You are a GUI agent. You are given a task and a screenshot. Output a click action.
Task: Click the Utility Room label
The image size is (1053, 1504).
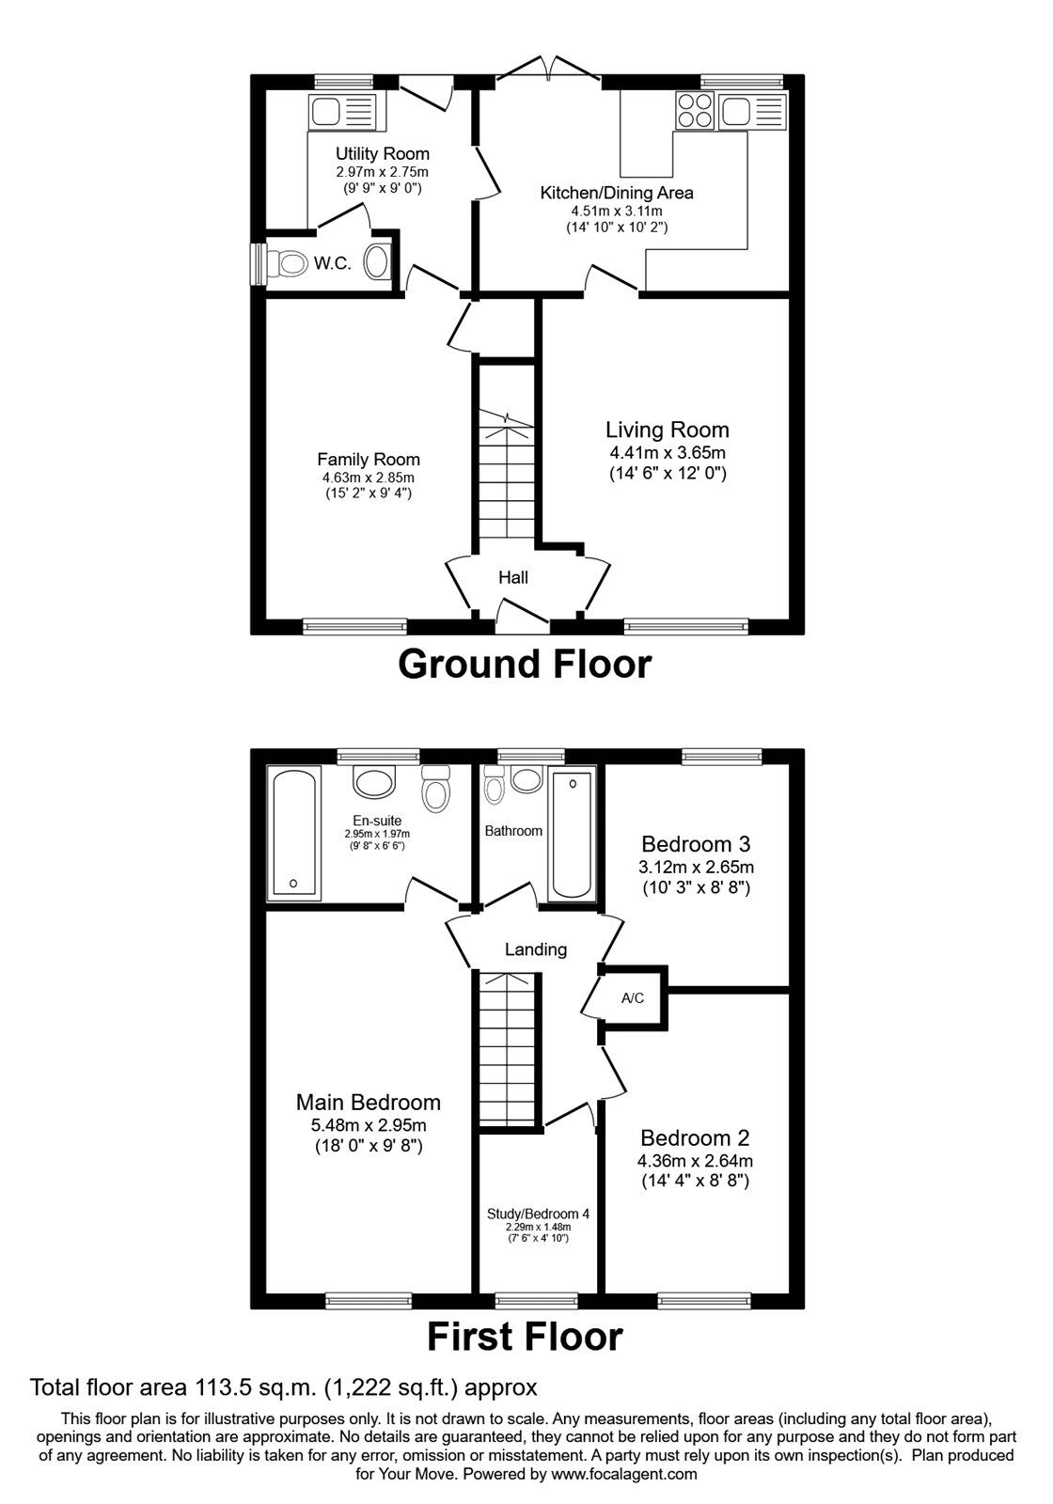click(382, 154)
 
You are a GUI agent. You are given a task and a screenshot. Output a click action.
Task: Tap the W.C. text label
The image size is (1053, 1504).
click(333, 263)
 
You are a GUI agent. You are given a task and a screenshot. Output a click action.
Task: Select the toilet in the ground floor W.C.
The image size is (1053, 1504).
click(285, 263)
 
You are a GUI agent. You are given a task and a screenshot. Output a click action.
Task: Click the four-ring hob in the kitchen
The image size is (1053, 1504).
click(696, 110)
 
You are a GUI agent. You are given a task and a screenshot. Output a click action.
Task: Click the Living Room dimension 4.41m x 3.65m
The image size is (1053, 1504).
click(667, 452)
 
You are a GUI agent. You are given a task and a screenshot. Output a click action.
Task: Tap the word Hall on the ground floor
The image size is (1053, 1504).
click(513, 577)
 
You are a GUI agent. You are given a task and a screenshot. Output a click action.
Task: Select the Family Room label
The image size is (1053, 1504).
click(369, 460)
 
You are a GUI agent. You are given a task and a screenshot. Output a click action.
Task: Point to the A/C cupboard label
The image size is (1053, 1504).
click(633, 998)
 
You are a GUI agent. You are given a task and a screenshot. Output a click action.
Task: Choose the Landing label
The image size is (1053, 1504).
click(536, 949)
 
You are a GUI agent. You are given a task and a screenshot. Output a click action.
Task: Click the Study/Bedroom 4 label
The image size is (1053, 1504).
click(538, 1214)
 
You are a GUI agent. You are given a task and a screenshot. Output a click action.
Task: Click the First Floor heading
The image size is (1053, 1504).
click(526, 1355)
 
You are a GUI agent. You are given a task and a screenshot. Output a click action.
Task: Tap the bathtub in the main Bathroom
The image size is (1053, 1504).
click(572, 836)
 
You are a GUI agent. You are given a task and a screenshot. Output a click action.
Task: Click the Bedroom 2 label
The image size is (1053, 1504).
click(695, 1138)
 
